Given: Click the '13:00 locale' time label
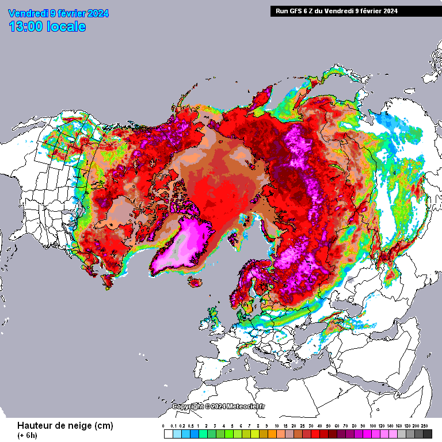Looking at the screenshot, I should click(x=48, y=26).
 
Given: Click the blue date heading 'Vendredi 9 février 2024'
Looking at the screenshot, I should click(x=58, y=13).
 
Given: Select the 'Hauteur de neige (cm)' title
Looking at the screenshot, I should click(x=65, y=425).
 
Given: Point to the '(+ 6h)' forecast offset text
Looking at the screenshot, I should click(x=27, y=435).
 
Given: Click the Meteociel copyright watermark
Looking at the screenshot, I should click(x=219, y=406).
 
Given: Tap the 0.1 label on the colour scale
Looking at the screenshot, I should click(x=174, y=425).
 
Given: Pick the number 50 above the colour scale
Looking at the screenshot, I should click(x=328, y=425).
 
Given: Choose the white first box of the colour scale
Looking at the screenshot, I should click(x=168, y=434).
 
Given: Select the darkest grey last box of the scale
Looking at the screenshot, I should click(x=427, y=434).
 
